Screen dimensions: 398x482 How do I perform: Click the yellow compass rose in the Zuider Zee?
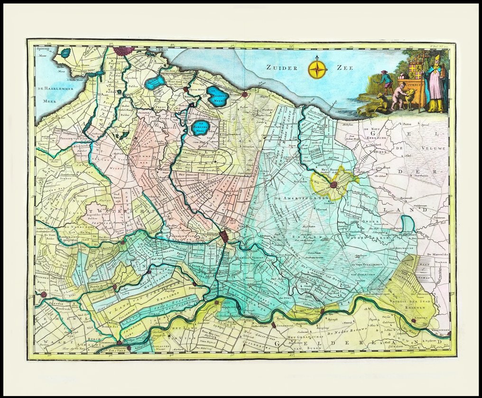click(x=317, y=69)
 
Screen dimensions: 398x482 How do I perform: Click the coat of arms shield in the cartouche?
click(x=416, y=71)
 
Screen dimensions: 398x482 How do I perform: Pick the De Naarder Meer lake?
click(x=218, y=97)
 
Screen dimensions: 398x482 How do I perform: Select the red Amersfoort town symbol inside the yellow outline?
click(x=334, y=184)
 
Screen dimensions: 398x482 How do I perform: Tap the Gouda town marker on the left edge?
click(x=44, y=295)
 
